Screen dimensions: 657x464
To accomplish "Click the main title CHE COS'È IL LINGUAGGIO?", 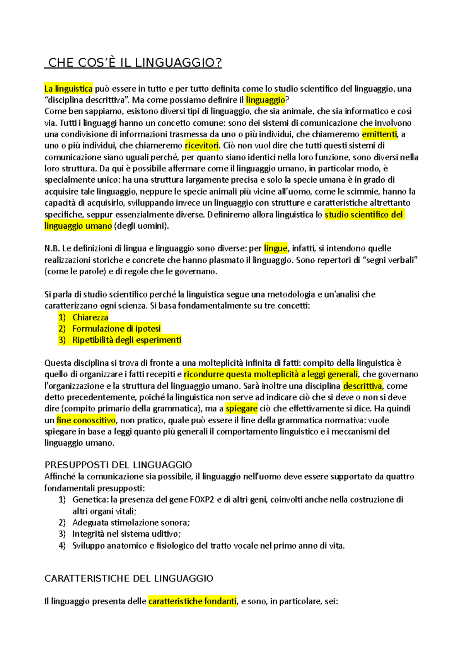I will pyautogui.click(x=133, y=63).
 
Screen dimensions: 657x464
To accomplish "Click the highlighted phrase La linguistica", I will pyautogui.click(x=68, y=89).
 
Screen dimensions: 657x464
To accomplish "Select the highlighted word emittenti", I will pyautogui.click(x=379, y=134).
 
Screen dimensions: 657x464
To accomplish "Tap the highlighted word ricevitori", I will pyautogui.click(x=202, y=145).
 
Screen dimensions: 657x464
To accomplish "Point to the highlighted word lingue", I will pyautogui.click(x=276, y=248).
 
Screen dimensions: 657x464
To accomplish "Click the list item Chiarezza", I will pyautogui.click(x=90, y=317).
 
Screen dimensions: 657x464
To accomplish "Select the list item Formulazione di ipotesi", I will pyautogui.click(x=116, y=328).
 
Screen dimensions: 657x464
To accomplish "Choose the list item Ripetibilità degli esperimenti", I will pyautogui.click(x=127, y=340).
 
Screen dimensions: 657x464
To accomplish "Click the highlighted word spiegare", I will pyautogui.click(x=242, y=409).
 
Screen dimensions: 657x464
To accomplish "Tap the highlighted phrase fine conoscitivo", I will pyautogui.click(x=86, y=420).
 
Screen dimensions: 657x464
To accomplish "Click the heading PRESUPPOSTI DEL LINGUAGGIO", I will pyautogui.click(x=118, y=465).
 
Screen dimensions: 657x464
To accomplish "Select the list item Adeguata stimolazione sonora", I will pyautogui.click(x=131, y=522).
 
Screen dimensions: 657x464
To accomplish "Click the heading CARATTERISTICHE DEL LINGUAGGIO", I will pyautogui.click(x=129, y=578).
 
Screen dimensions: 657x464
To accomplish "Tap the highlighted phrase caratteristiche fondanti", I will pyautogui.click(x=192, y=601).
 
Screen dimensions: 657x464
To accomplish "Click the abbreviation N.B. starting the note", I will pyautogui.click(x=52, y=248).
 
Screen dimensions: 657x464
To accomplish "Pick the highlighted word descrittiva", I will pyautogui.click(x=362, y=386).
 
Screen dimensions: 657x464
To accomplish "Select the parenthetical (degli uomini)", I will pyautogui.click(x=142, y=226).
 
